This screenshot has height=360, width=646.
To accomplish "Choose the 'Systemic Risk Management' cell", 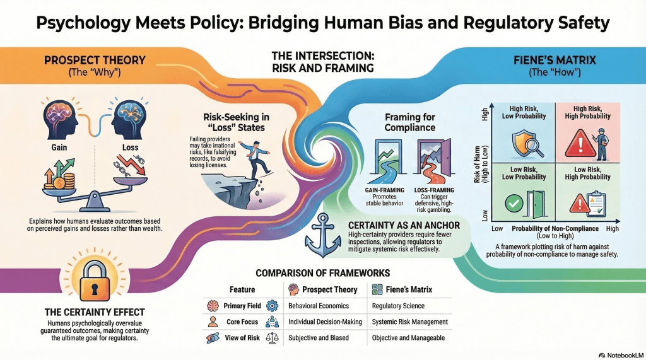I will coord(410,322).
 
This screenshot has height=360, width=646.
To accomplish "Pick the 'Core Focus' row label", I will coord(242,322).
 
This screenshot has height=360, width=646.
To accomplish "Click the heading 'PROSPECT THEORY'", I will coord(94,61).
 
